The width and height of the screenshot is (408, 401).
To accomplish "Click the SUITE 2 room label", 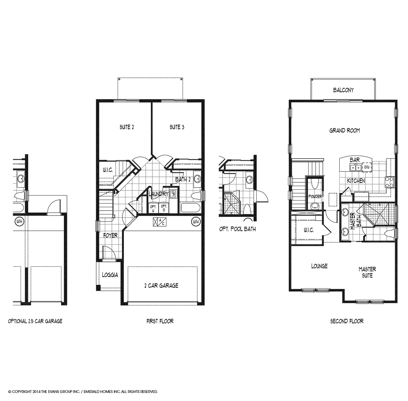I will click(127, 127).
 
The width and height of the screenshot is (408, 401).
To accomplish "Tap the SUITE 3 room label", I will click(177, 127).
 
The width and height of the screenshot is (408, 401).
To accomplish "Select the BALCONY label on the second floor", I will click(343, 90).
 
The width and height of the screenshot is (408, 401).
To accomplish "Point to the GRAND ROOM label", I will click(345, 131).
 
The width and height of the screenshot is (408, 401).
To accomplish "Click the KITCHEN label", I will click(356, 181).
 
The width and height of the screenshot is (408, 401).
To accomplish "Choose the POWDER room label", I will click(315, 197).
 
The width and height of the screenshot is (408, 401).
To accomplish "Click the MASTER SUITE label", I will click(367, 272).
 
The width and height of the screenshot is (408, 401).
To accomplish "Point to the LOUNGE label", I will click(319, 266).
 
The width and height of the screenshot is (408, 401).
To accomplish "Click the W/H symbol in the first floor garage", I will click(196, 221).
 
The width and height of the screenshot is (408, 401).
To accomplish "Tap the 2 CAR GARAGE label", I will click(161, 286).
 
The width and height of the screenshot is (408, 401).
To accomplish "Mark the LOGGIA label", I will click(110, 275).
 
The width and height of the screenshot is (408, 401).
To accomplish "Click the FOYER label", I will click(110, 235).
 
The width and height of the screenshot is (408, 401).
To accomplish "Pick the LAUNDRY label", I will click(159, 194).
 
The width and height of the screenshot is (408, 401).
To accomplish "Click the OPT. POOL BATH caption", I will click(237, 229).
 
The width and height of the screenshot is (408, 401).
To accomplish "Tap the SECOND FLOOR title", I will click(347, 321).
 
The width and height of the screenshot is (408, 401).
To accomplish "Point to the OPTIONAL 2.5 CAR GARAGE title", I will click(35, 321).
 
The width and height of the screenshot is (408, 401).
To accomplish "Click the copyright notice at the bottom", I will click(83, 392).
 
